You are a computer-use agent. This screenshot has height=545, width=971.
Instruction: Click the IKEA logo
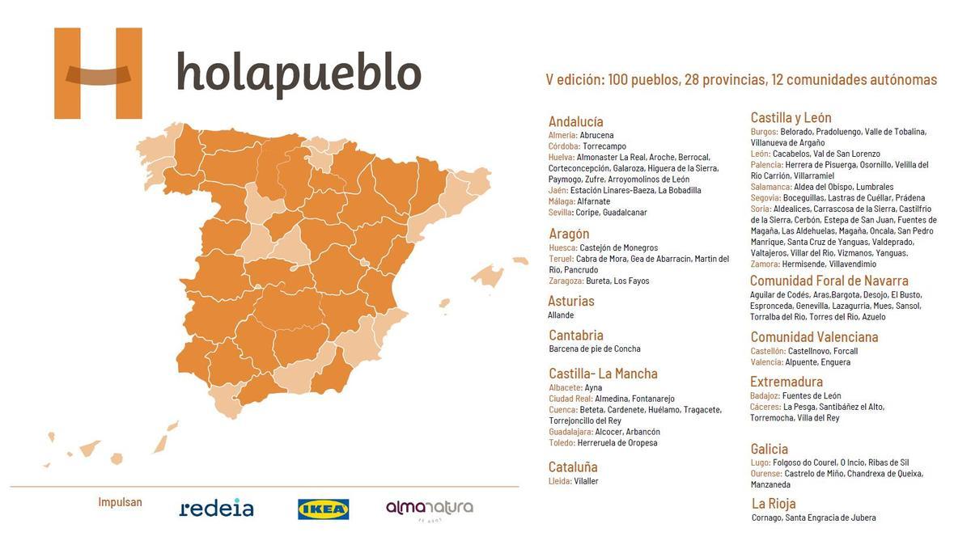[324, 509]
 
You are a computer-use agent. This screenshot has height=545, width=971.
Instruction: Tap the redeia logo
[216, 508]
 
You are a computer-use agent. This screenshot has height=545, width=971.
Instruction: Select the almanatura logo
[429, 509]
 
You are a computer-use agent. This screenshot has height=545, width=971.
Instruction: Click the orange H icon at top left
[98, 74]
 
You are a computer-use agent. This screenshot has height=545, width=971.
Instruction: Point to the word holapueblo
[299, 74]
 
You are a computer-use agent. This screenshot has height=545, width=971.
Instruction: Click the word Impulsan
[120, 502]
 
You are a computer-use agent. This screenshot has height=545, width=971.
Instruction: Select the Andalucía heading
[575, 121]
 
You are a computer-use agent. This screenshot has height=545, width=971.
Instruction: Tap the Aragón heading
[569, 234]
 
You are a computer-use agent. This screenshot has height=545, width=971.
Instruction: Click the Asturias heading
[571, 301]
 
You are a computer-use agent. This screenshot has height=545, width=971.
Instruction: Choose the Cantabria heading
[576, 335]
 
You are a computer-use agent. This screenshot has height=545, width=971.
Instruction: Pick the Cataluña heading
[573, 467]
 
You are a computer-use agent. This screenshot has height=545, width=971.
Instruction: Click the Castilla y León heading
[791, 117]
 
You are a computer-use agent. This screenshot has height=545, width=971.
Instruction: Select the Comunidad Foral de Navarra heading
[829, 281]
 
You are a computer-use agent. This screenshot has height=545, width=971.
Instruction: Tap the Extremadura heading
[787, 381]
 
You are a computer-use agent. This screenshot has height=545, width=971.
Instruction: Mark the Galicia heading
[769, 449]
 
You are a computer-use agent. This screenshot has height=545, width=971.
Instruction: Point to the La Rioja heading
[774, 504]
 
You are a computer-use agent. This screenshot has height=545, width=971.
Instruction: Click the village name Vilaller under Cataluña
[586, 481]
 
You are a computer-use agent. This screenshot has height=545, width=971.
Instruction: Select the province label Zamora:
[765, 264]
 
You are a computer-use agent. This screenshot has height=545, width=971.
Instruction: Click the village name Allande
[561, 315]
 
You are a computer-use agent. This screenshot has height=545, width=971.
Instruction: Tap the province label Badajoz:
[765, 395]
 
